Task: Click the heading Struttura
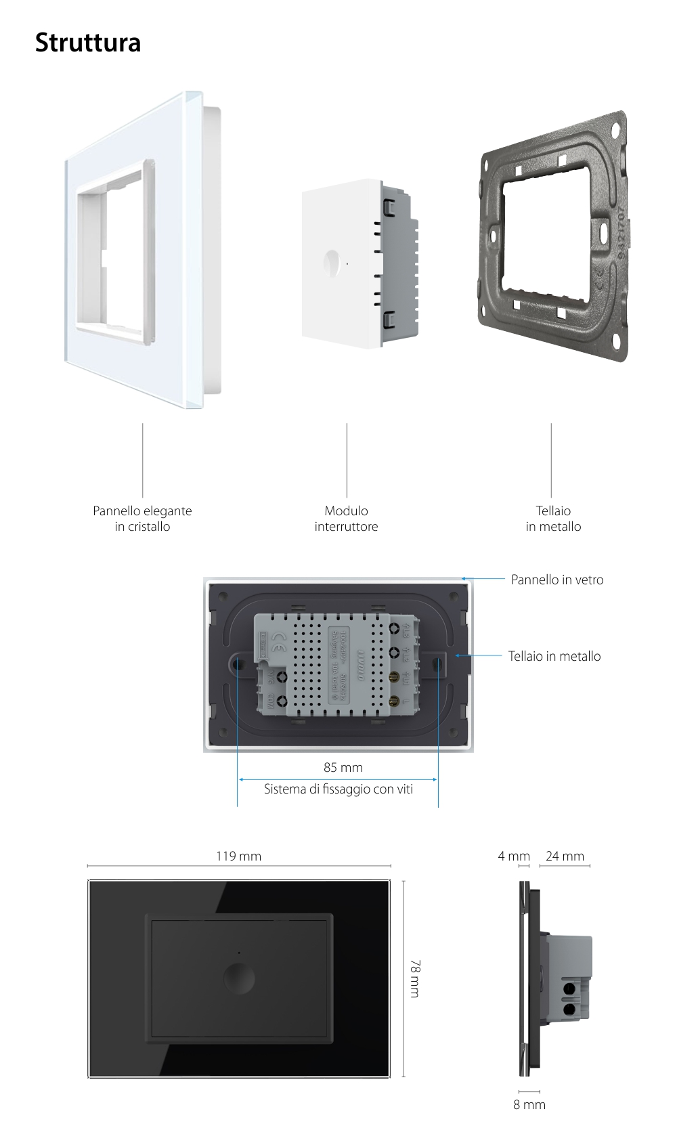(88, 42)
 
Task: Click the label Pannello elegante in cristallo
(142, 519)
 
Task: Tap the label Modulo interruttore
(346, 519)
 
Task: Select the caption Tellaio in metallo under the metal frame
(553, 519)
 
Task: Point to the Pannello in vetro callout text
(556, 580)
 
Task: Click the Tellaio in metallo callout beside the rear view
(554, 656)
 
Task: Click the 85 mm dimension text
(343, 767)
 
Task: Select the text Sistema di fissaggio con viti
(338, 789)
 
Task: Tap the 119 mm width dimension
(238, 856)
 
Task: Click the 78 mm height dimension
(414, 978)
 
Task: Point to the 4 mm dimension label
(513, 856)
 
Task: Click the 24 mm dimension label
(565, 856)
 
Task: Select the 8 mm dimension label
(529, 1104)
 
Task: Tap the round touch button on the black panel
(239, 978)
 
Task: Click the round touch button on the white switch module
(332, 263)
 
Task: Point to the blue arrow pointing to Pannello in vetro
(483, 579)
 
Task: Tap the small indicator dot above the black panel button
(239, 953)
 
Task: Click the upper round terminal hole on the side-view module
(569, 989)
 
